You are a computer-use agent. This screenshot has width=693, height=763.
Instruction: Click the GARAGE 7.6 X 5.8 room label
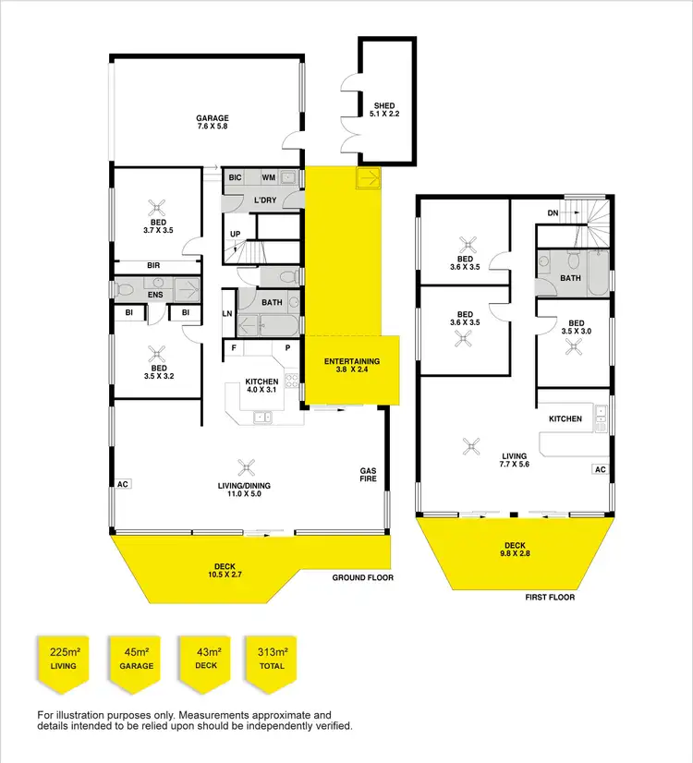(x=212, y=122)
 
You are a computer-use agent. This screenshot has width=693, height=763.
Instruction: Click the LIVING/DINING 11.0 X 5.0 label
(x=247, y=490)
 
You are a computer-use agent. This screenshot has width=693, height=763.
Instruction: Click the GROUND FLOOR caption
(x=363, y=577)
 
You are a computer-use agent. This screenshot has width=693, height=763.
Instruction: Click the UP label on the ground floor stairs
(x=236, y=235)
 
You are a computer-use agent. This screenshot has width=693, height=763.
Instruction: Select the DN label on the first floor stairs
(x=553, y=213)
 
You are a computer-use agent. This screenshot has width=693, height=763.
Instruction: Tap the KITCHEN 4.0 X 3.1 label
(x=261, y=386)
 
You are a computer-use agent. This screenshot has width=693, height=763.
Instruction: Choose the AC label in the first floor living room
(x=600, y=469)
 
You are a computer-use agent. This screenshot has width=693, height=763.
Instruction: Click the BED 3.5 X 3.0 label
(x=574, y=325)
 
